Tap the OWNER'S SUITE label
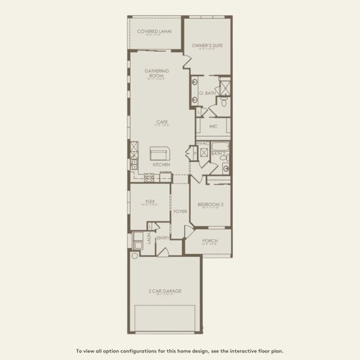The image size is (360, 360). click(x=206, y=45)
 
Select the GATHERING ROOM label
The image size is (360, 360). click(x=156, y=73)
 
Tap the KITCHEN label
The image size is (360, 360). click(x=161, y=164)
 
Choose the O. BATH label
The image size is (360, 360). click(x=207, y=93)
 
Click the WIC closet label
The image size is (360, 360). click(x=213, y=127)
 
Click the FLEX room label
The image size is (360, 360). click(x=151, y=202)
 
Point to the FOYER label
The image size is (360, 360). click(x=180, y=211)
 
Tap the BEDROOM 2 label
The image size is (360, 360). click(x=211, y=205)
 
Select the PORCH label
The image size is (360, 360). click(x=209, y=241)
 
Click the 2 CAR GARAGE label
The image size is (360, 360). click(x=165, y=291)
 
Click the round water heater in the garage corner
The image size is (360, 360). click(x=135, y=256)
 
